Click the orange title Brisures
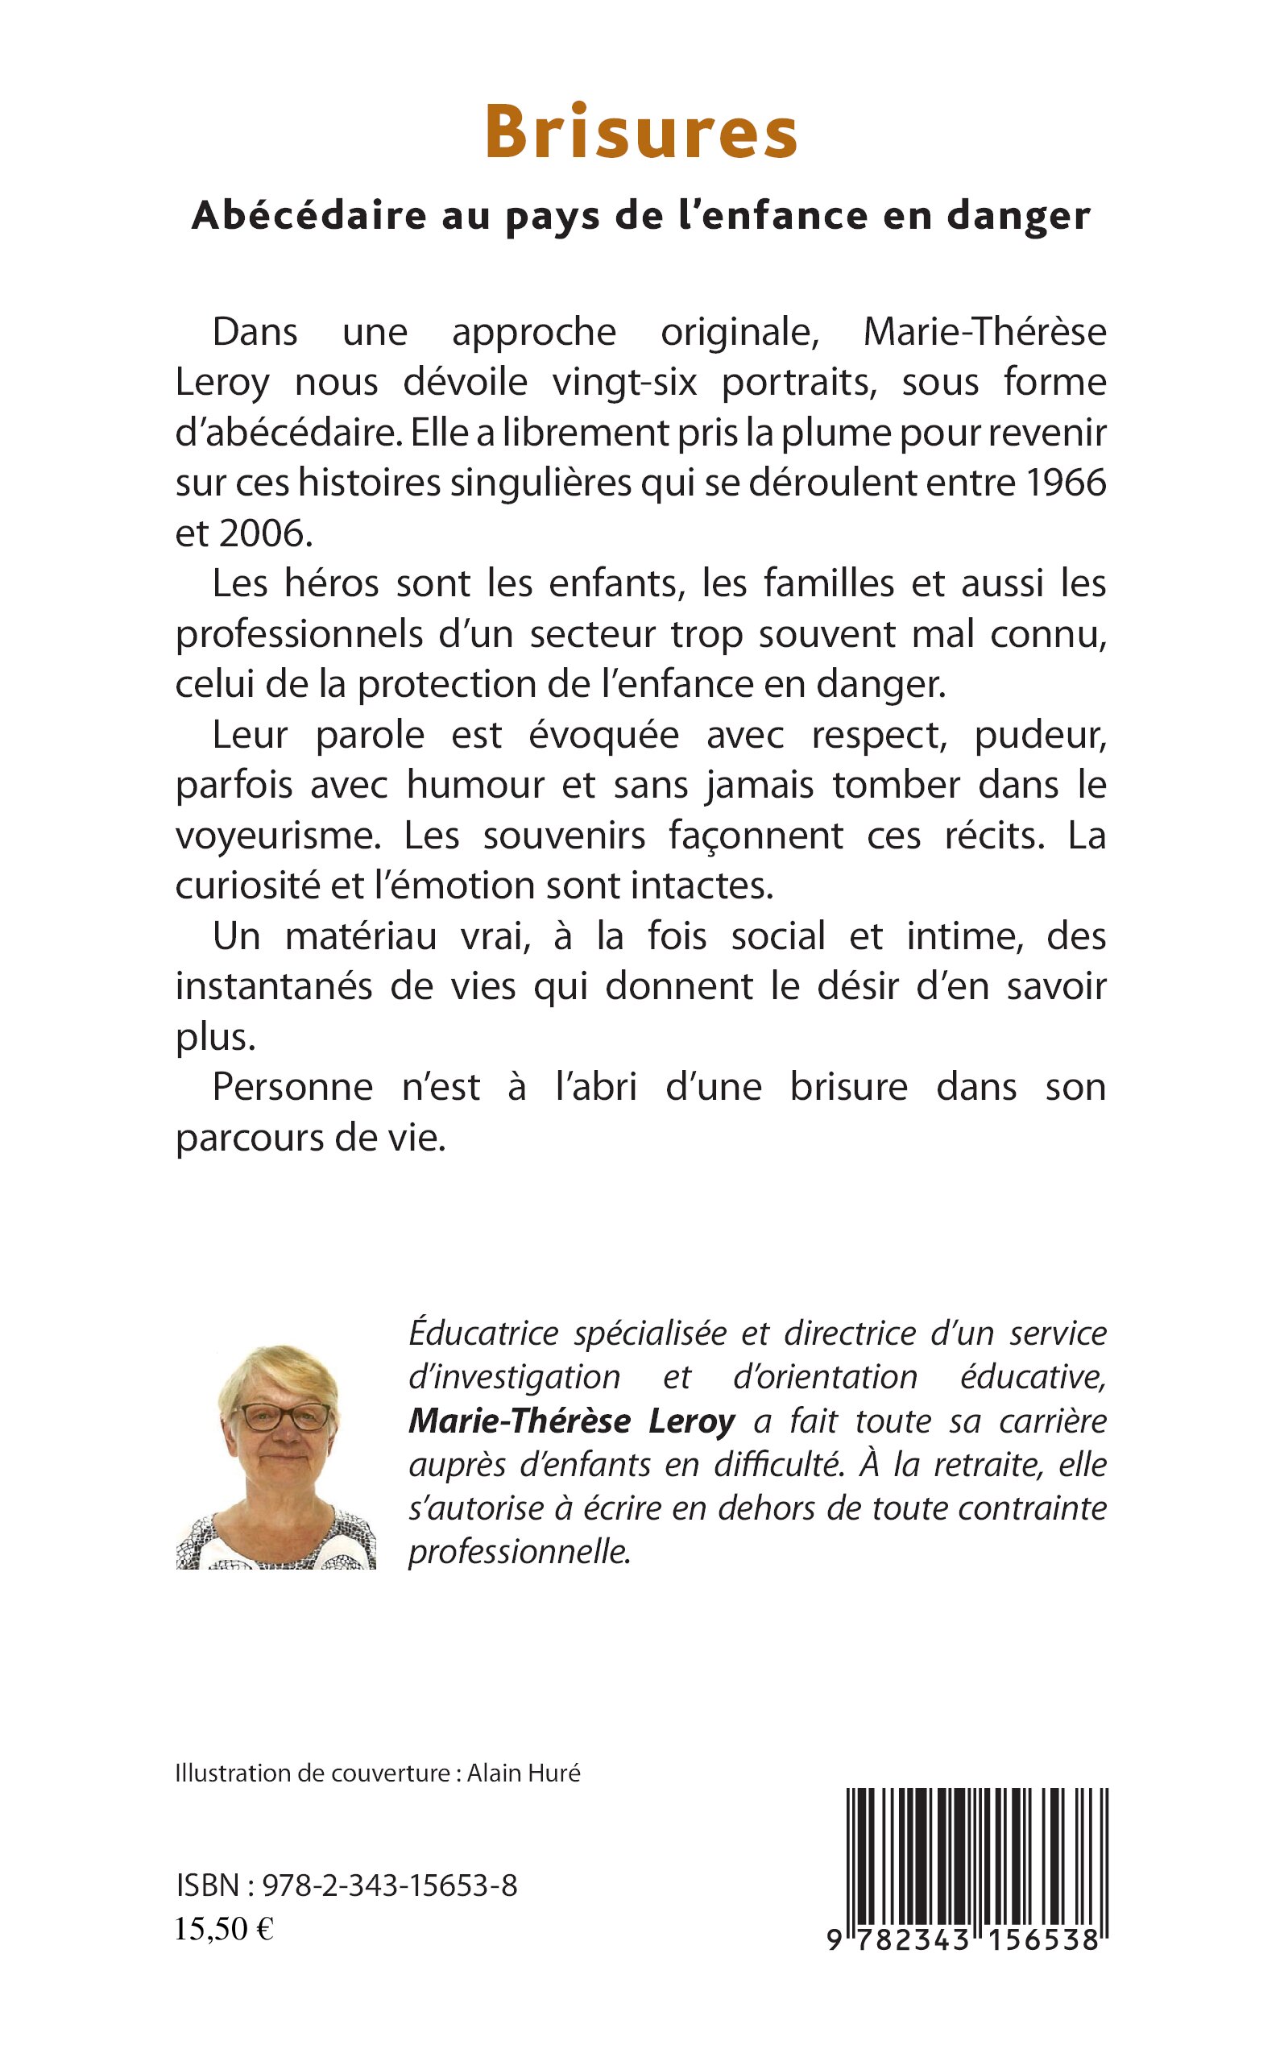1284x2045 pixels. click(641, 133)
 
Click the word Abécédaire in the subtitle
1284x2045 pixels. click(309, 216)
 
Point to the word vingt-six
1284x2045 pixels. click(624, 382)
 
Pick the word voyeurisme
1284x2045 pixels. click(278, 836)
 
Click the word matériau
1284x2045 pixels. click(361, 937)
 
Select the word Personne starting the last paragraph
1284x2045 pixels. click(292, 1087)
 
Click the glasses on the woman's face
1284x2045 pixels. click(280, 1416)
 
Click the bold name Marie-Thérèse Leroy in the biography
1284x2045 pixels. click(571, 1421)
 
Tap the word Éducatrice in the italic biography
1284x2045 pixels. click(483, 1334)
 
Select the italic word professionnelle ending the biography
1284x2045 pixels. click(520, 1552)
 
